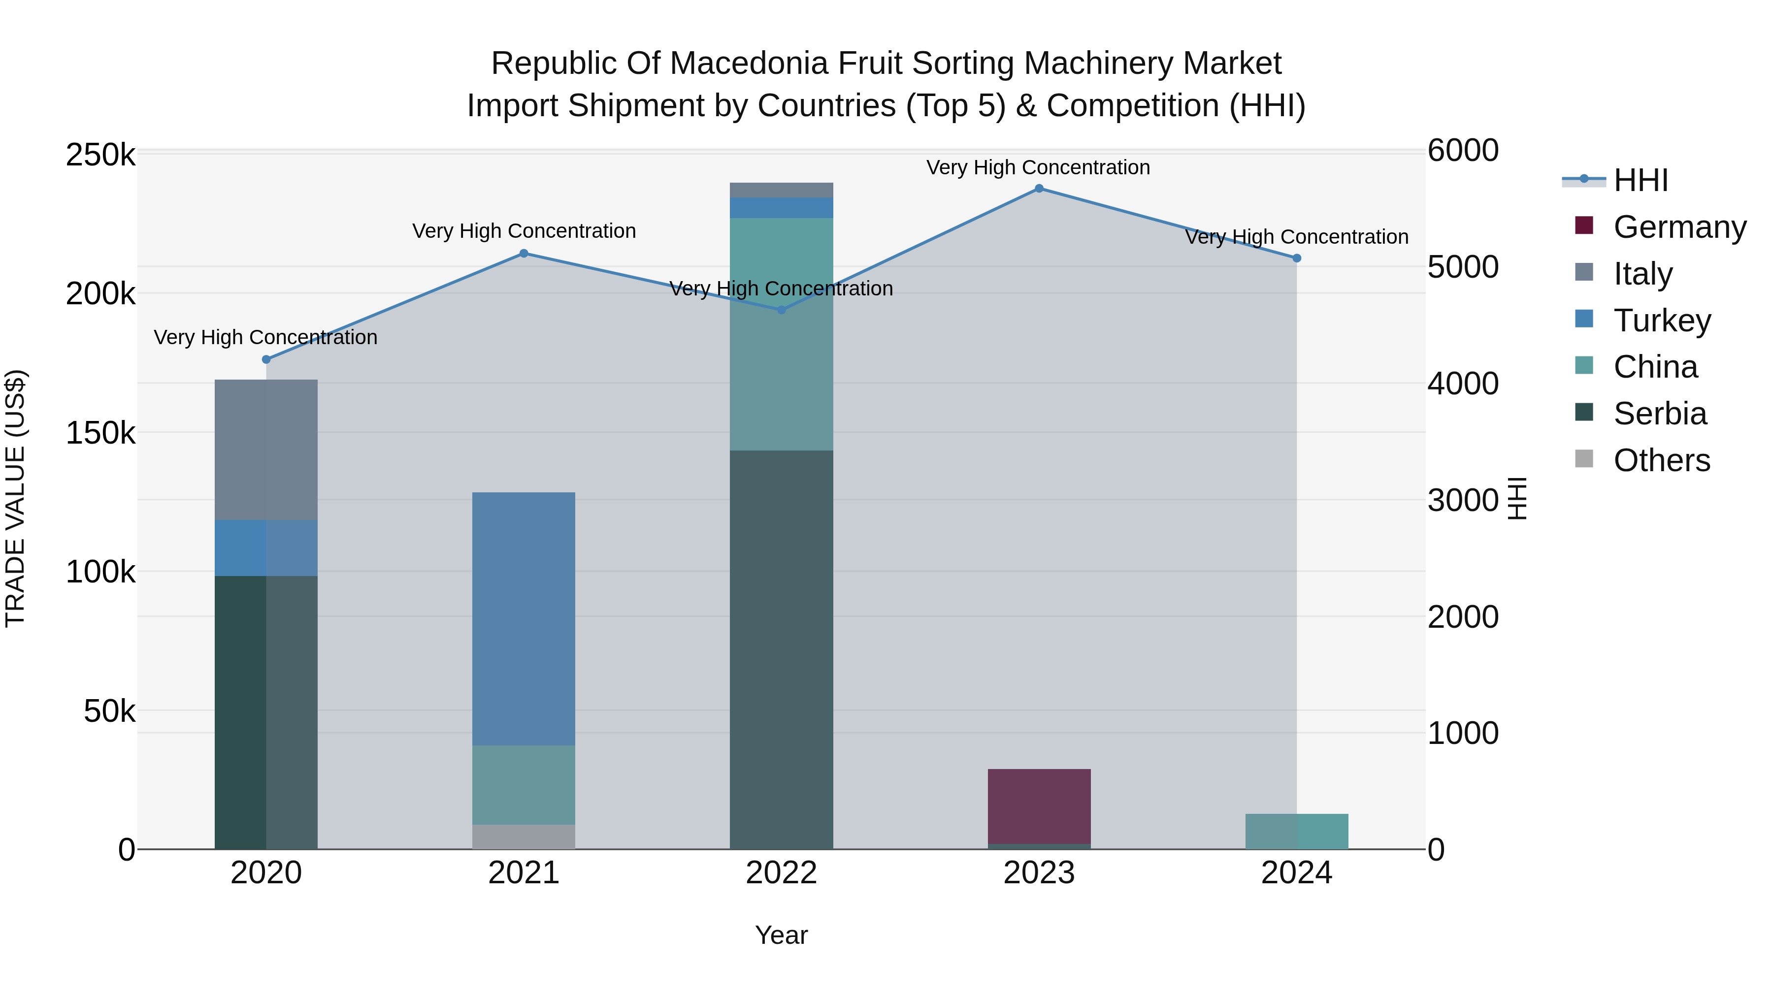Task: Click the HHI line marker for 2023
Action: pyautogui.click(x=1039, y=189)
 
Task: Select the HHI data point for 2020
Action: pyautogui.click(x=266, y=359)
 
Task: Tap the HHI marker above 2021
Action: pyautogui.click(x=524, y=253)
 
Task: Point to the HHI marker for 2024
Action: pyautogui.click(x=1297, y=258)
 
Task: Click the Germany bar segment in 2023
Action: pyautogui.click(x=1039, y=805)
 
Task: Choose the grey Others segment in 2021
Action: pyautogui.click(x=524, y=836)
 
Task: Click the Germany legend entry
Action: pyautogui.click(x=1679, y=227)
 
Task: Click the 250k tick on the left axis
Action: pyautogui.click(x=100, y=156)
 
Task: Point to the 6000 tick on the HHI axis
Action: pyautogui.click(x=1463, y=151)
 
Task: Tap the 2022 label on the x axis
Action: pyautogui.click(x=781, y=873)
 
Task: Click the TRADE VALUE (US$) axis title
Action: pyautogui.click(x=16, y=498)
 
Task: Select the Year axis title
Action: pyautogui.click(x=781, y=935)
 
